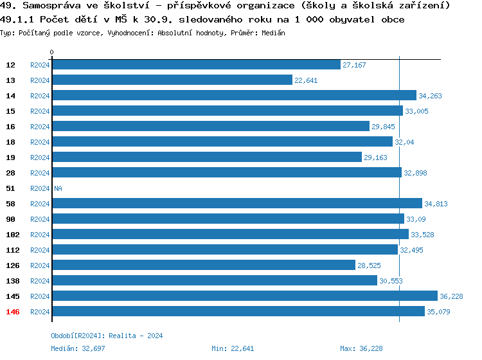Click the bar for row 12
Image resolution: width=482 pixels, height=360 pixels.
pyautogui.click(x=196, y=65)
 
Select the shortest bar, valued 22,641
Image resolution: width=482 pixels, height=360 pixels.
pyautogui.click(x=172, y=80)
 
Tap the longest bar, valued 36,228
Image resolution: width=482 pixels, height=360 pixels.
pyautogui.click(x=244, y=296)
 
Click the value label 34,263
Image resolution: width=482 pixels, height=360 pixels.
pyautogui.click(x=431, y=96)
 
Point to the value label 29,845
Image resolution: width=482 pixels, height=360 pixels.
pyautogui.click(x=384, y=127)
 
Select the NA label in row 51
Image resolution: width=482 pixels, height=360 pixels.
pyautogui.click(x=58, y=188)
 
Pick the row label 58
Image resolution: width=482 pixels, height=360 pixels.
pyautogui.click(x=11, y=204)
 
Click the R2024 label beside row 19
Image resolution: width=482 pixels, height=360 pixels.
pyautogui.click(x=40, y=157)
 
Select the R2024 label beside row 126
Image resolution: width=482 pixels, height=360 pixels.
pyautogui.click(x=40, y=265)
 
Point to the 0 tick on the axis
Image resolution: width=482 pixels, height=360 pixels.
pyautogui.click(x=52, y=52)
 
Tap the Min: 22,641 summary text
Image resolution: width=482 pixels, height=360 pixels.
pyautogui.click(x=233, y=348)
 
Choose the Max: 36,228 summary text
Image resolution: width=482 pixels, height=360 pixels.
pyautogui.click(x=361, y=348)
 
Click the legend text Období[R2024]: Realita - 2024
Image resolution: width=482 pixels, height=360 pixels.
pyautogui.click(x=107, y=336)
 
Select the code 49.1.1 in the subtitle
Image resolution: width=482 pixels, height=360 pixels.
pyautogui.click(x=19, y=19)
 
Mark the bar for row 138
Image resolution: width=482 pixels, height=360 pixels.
pyautogui.click(x=214, y=281)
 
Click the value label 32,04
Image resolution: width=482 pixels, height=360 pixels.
pyautogui.click(x=405, y=142)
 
